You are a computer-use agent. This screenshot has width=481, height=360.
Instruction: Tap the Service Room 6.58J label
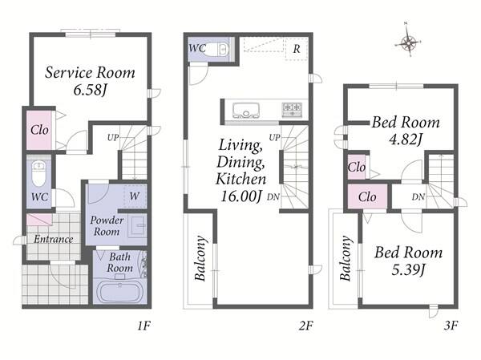(90, 81)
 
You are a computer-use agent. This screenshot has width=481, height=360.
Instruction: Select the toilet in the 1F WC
(38, 173)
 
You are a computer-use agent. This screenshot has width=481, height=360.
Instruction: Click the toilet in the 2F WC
(220, 48)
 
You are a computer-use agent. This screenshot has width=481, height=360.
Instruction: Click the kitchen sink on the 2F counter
(246, 111)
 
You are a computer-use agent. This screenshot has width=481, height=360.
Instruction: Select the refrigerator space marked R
(296, 48)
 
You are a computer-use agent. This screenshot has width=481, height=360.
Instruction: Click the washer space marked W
(135, 196)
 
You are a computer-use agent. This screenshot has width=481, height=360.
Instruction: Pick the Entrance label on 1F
(54, 239)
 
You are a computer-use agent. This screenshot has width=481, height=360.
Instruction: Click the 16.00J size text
(241, 196)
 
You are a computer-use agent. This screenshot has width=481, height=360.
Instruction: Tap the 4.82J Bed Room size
(406, 139)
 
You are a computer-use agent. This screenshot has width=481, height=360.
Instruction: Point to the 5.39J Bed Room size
(408, 269)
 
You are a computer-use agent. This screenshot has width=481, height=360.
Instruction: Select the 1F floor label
(143, 326)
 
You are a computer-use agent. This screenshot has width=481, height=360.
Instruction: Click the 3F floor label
(451, 326)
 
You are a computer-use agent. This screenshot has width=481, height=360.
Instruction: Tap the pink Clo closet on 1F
(39, 130)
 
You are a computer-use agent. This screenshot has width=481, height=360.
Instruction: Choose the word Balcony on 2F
(200, 258)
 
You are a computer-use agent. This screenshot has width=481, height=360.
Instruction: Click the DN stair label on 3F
(418, 196)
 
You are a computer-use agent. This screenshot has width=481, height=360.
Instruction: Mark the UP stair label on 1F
(113, 137)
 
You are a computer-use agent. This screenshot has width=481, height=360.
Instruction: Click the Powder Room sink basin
(137, 225)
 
